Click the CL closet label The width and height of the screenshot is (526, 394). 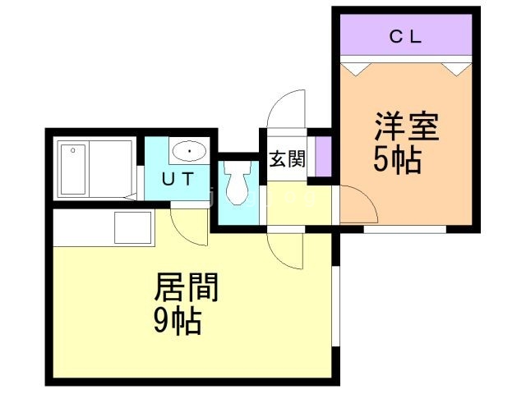[405, 37]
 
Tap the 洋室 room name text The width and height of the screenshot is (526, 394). [407, 126]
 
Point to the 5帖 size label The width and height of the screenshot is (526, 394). [398, 160]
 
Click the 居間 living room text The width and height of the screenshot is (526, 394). [187, 287]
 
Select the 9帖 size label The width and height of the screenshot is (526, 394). [178, 321]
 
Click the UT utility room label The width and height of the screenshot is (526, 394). [178, 179]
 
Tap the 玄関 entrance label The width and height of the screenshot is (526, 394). [288, 158]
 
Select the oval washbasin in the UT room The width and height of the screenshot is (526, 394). [190, 151]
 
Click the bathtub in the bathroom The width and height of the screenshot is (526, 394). [73, 169]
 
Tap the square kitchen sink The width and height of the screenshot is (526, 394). [132, 227]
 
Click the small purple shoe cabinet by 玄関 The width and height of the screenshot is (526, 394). [323, 156]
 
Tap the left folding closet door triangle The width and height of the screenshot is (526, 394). [356, 69]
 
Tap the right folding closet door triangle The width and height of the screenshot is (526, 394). [455, 69]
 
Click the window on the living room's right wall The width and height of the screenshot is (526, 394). [336, 306]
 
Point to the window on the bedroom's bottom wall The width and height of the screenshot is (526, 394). [405, 230]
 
